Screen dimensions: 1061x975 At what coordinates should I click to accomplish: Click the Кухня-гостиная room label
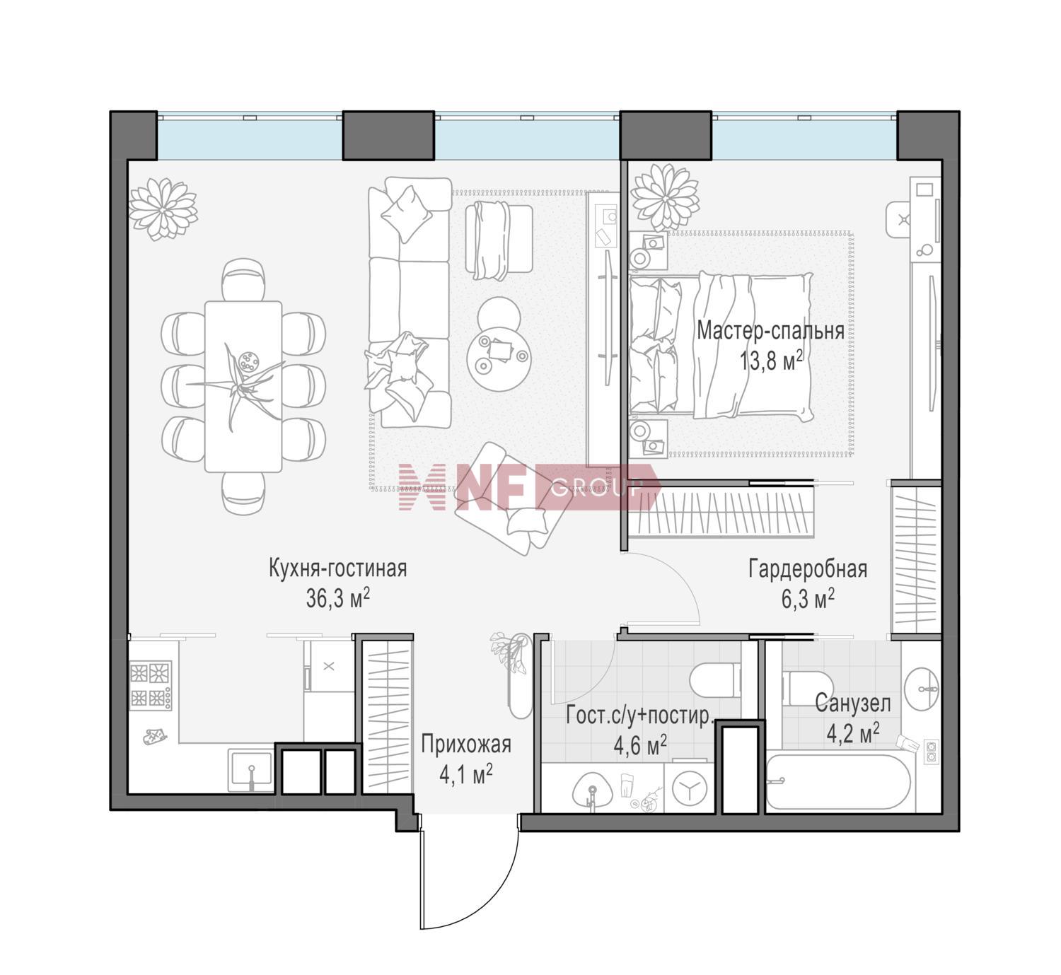coord(338,569)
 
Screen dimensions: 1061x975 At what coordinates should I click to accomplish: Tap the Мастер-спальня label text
coord(770,331)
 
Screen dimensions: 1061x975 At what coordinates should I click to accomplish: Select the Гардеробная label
coord(808,569)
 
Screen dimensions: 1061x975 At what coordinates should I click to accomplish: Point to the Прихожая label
coord(466,745)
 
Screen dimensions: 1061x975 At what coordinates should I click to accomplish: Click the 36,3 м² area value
coord(338,599)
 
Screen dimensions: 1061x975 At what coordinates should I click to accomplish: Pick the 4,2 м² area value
coord(852,734)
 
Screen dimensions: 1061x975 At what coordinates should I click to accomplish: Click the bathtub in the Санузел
coord(838,781)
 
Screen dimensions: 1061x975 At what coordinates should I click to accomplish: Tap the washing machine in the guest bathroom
coord(689,788)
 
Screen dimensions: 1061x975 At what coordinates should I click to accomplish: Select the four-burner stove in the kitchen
coord(151,684)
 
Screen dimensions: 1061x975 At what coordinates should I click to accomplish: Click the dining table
coord(243,386)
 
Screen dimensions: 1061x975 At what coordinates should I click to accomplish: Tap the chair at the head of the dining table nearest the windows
coord(243,279)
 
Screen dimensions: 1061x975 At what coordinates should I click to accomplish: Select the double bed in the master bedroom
coord(720,346)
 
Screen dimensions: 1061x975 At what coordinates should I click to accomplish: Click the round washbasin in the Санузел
coord(921,689)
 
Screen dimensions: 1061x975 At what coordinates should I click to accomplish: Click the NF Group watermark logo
coord(529,487)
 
